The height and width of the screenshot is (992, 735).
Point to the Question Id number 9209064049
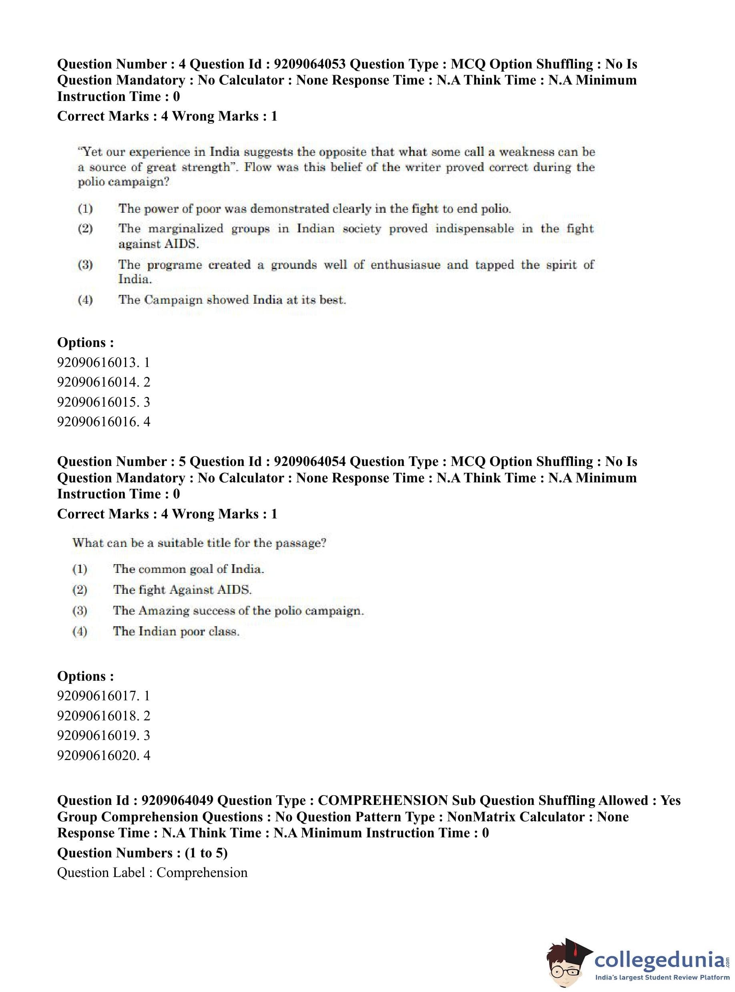[177, 800]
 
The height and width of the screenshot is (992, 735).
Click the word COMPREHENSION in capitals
[383, 800]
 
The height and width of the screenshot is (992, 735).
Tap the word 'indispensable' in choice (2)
[474, 229]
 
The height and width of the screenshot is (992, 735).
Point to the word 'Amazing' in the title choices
[164, 611]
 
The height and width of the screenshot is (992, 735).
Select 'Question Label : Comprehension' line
[152, 872]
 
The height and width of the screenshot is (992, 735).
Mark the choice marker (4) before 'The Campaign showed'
[85, 300]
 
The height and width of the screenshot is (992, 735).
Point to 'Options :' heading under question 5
[85, 676]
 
